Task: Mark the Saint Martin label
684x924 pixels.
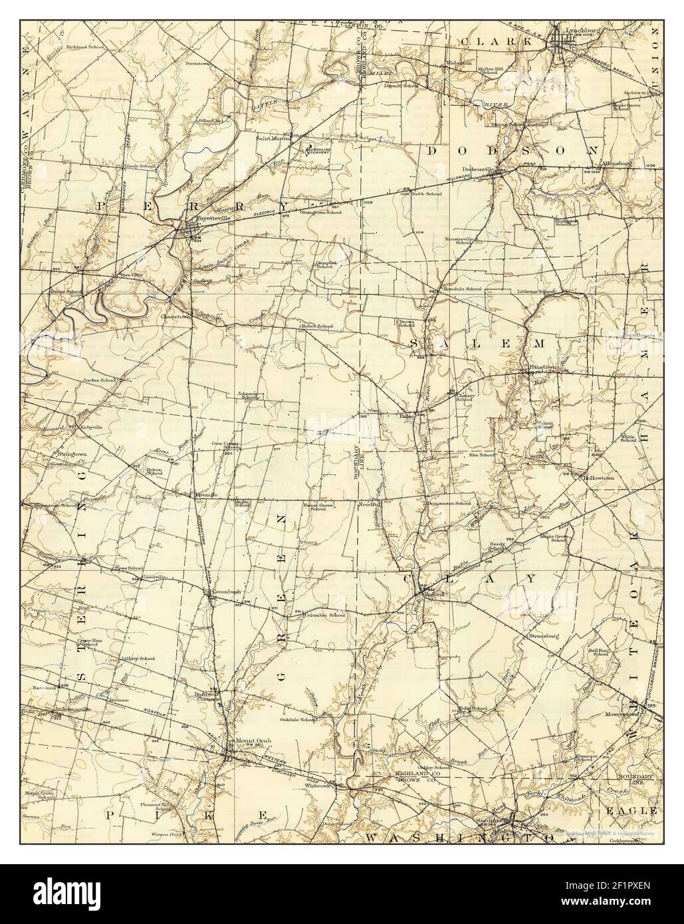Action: point(272,138)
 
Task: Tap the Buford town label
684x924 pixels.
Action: point(433,594)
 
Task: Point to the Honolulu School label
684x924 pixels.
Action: point(464,289)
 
